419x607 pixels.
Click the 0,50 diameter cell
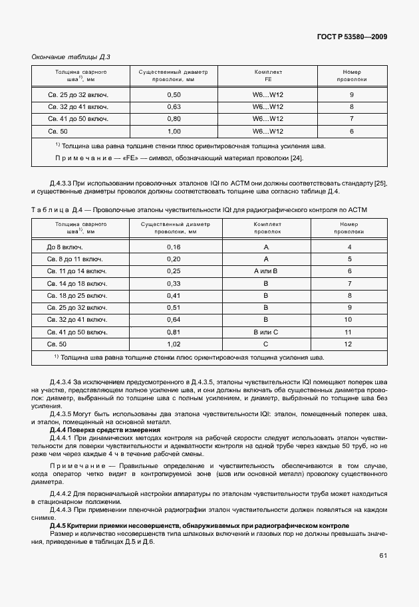(x=174, y=95)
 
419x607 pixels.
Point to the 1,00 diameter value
(x=174, y=131)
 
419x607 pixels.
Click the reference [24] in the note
(x=297, y=158)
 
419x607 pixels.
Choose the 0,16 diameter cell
(x=174, y=247)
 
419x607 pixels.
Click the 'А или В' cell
(x=265, y=271)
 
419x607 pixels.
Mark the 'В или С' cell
(x=265, y=331)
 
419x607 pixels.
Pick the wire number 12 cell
(x=349, y=343)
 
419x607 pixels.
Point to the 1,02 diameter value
(x=174, y=343)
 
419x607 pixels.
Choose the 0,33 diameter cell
(x=174, y=283)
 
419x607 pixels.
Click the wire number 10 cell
(x=349, y=319)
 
